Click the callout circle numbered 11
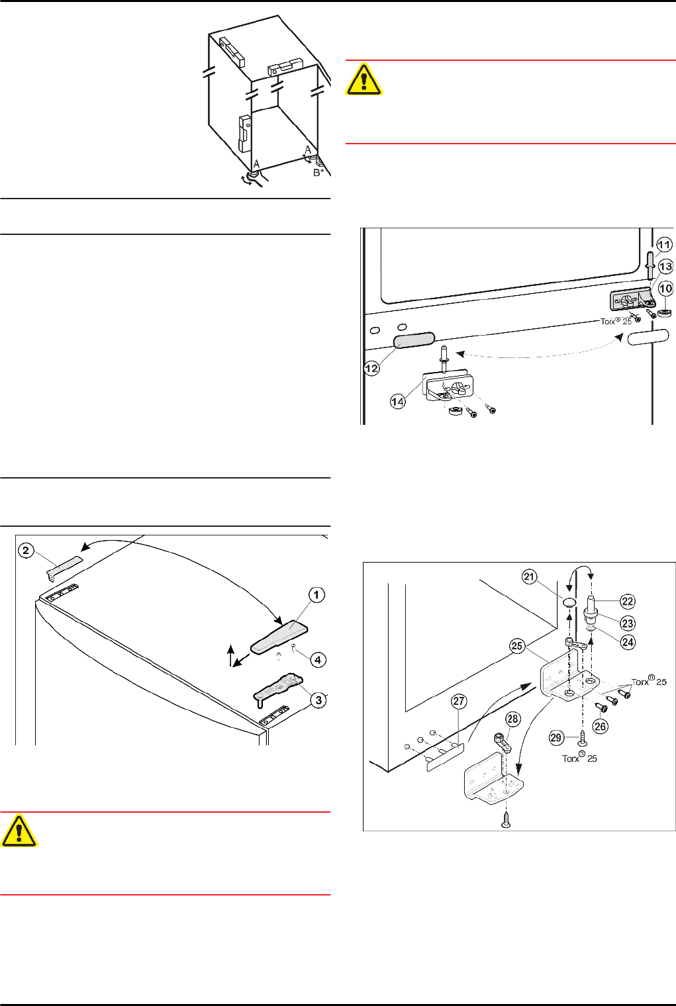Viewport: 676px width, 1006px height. point(664,245)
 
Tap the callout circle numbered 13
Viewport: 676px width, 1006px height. point(665,266)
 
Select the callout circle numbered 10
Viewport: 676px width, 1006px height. point(665,289)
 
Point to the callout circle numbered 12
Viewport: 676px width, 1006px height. point(372,369)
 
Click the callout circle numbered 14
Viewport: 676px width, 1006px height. point(397,402)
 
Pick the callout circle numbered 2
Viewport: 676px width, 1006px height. point(26,551)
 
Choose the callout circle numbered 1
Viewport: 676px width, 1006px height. point(316,595)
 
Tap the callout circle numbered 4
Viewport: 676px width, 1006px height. point(318,660)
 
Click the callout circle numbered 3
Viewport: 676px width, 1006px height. point(318,700)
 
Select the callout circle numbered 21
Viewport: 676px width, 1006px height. point(530,576)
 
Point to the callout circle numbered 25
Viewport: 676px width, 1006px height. point(518,646)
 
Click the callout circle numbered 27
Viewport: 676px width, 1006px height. point(459,701)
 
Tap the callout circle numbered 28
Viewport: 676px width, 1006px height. point(513,719)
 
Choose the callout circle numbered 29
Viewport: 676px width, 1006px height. point(556,737)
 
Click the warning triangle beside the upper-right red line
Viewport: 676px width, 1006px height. point(364,79)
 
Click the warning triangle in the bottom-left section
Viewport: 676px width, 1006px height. point(19,831)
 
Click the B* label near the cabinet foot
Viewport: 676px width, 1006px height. point(318,173)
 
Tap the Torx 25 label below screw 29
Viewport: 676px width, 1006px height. point(579,758)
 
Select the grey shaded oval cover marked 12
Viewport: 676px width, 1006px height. point(414,340)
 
